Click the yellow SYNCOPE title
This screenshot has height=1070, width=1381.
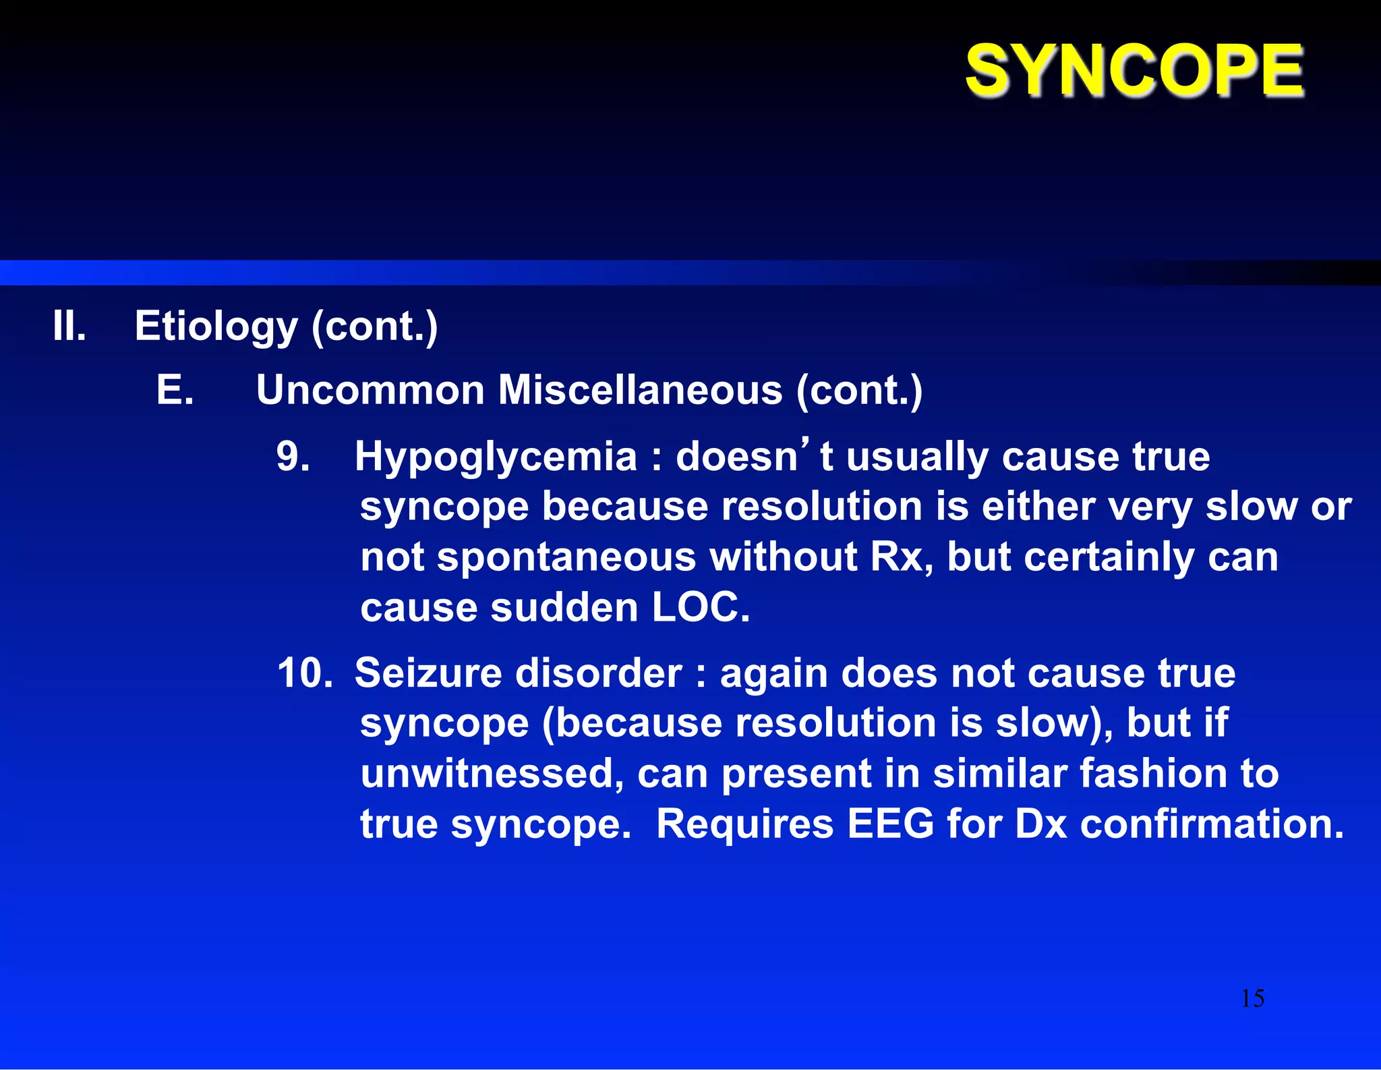pyautogui.click(x=1134, y=70)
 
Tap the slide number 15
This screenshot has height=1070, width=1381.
pyautogui.click(x=1252, y=998)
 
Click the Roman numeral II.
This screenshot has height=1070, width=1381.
pyautogui.click(x=69, y=326)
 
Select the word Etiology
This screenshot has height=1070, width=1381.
pyautogui.click(x=216, y=327)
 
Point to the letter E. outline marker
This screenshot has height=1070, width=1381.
pyautogui.click(x=175, y=390)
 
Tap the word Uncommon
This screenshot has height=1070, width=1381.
pyautogui.click(x=370, y=390)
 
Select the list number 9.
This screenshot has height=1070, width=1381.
pyautogui.click(x=293, y=456)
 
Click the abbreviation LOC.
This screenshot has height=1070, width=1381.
pyautogui.click(x=700, y=607)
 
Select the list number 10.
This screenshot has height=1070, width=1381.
pyautogui.click(x=304, y=673)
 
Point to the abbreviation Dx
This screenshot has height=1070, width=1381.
pyautogui.click(x=1040, y=824)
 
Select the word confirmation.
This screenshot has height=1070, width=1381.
pyautogui.click(x=1211, y=824)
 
